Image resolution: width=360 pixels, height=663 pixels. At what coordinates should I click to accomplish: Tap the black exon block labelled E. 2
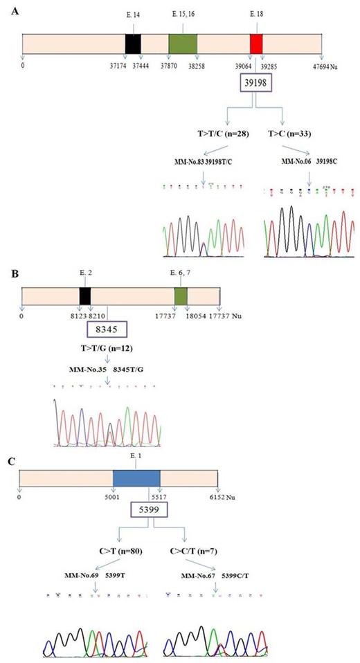click(x=85, y=296)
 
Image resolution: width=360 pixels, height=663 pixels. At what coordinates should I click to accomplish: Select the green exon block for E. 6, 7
click(x=181, y=296)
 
